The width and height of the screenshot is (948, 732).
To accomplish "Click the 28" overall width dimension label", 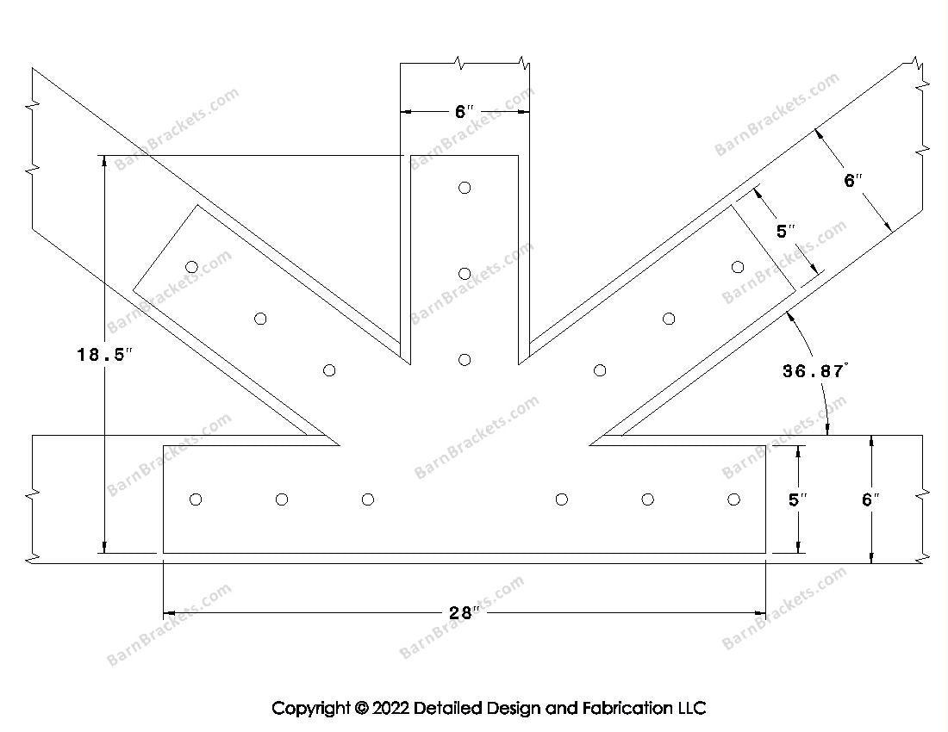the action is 464,613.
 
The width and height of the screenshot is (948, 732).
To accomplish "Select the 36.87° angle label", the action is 815,371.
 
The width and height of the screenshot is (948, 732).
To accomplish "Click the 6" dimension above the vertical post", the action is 465,112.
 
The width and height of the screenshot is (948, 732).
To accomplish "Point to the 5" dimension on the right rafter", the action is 785,232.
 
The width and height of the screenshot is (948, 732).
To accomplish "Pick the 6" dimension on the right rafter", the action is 853,180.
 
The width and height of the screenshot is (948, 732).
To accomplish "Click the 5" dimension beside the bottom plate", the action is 797,499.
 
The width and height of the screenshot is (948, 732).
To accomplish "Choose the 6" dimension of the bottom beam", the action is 870,499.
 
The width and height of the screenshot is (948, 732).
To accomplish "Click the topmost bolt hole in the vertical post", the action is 465,188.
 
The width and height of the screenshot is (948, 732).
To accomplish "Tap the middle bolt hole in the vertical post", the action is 465,274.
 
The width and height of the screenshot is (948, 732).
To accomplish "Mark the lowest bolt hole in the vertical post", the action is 465,360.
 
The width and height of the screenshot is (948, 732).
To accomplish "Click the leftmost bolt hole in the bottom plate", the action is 196,499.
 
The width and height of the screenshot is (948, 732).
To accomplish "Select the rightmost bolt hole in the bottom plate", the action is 734,499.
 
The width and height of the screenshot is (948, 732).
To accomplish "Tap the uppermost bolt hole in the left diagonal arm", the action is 191,267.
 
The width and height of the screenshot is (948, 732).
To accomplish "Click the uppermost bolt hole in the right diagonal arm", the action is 738,267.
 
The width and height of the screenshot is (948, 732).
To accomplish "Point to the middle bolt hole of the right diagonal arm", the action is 669,319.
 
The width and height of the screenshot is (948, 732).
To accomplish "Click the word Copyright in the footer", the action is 311,709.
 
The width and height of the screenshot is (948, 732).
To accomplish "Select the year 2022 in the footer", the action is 390,708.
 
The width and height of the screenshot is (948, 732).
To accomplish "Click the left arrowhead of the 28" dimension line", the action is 169,613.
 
